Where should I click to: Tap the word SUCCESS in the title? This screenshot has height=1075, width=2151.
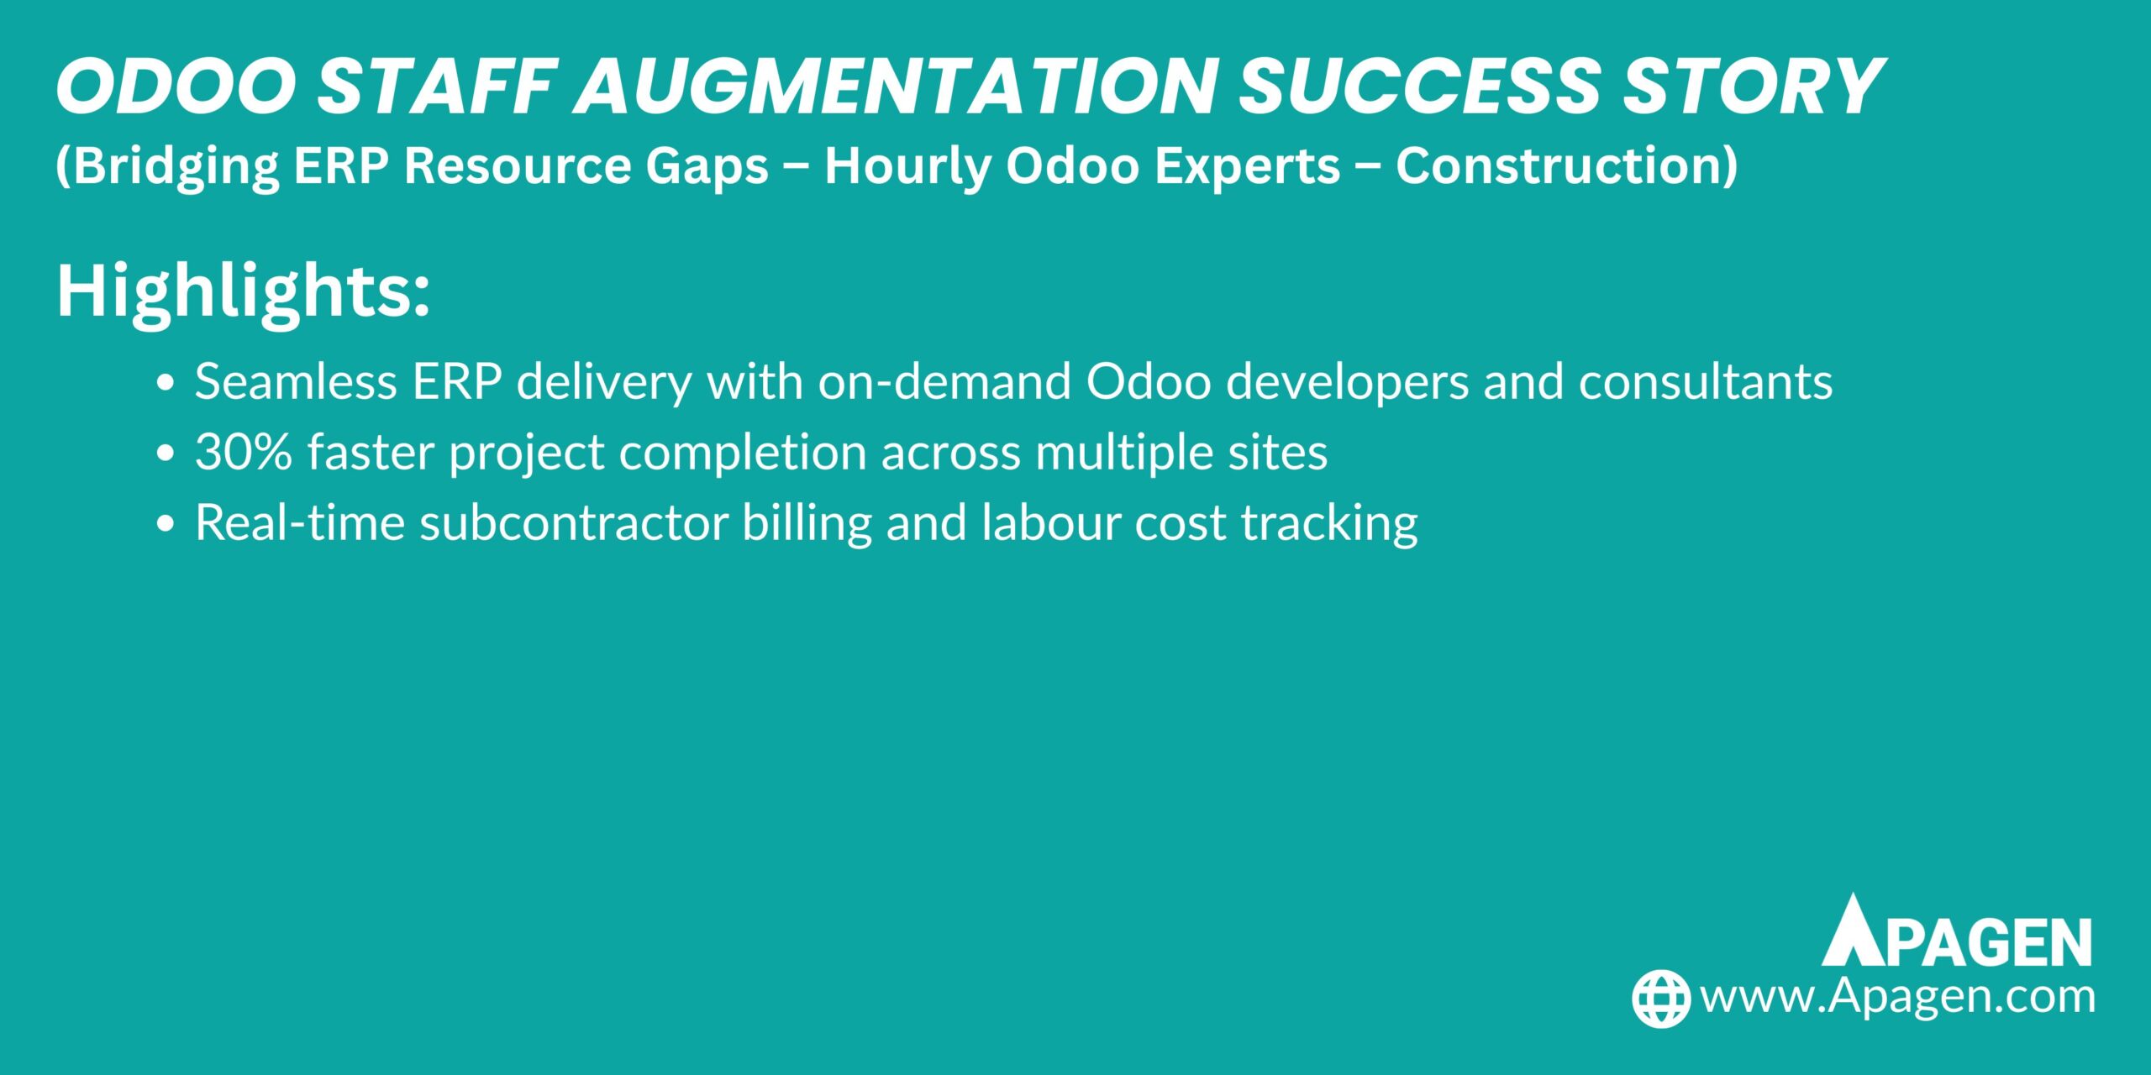(1421, 86)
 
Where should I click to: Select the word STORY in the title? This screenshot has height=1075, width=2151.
(1753, 86)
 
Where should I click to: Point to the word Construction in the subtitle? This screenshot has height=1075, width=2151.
(1567, 165)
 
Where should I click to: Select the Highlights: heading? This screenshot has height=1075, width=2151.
(243, 293)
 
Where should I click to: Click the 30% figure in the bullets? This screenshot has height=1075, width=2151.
(244, 452)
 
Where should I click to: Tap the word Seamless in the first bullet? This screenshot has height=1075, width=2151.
(297, 381)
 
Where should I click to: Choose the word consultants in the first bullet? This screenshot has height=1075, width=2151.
(1706, 381)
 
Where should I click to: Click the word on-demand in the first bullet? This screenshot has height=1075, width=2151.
(944, 381)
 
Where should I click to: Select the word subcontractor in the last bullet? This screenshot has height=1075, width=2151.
(574, 522)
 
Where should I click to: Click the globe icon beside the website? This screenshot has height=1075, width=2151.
(1661, 999)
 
